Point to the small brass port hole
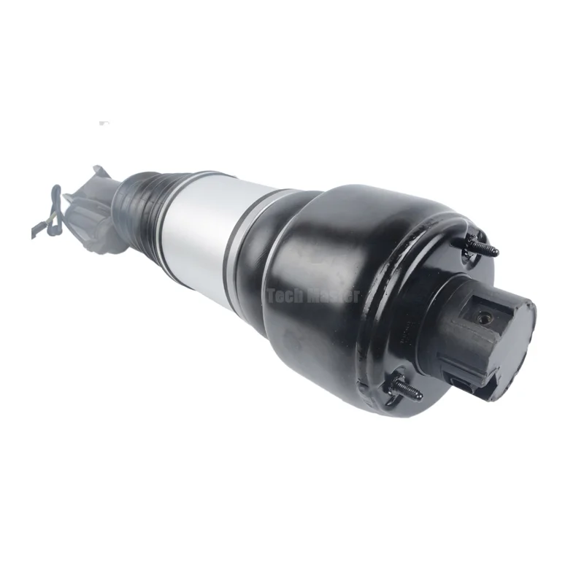pyautogui.click(x=483, y=320)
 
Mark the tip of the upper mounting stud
pyautogui.click(x=496, y=253)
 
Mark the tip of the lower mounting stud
pyautogui.click(x=420, y=396)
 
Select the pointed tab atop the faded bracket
pyautogui.click(x=99, y=172)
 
